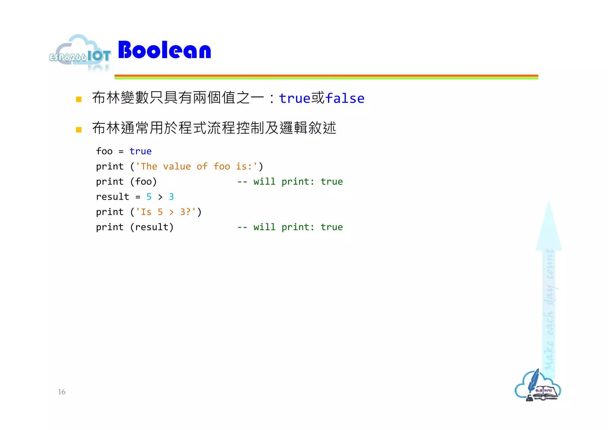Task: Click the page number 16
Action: point(61,392)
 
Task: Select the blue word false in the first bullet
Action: point(345,98)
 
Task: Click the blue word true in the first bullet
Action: point(294,98)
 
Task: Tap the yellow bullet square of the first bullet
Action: point(79,99)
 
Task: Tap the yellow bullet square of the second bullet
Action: point(79,129)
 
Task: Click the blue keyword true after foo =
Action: point(140,151)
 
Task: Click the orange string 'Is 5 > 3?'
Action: point(166,212)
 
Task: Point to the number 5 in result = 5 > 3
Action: point(149,197)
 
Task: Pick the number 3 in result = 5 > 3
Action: point(171,197)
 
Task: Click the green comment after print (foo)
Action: point(290,181)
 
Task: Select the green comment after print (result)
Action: point(290,227)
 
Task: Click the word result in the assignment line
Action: point(113,197)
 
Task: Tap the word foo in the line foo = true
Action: point(104,151)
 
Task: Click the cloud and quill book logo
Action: point(538,386)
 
